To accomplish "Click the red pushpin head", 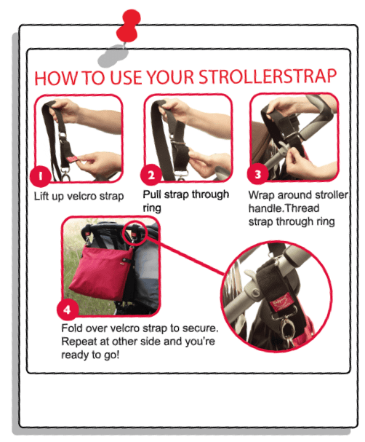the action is click(128, 25).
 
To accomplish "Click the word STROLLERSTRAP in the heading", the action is click(268, 76).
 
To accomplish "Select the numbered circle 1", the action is click(41, 176).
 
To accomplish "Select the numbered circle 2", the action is click(151, 175).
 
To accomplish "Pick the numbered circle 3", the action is click(258, 175).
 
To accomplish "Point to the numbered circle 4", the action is click(67, 309).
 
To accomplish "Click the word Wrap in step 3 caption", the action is click(262, 194).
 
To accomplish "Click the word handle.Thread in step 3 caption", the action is click(284, 208).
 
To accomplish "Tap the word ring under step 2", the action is click(152, 208).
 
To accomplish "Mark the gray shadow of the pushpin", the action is click(113, 55).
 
